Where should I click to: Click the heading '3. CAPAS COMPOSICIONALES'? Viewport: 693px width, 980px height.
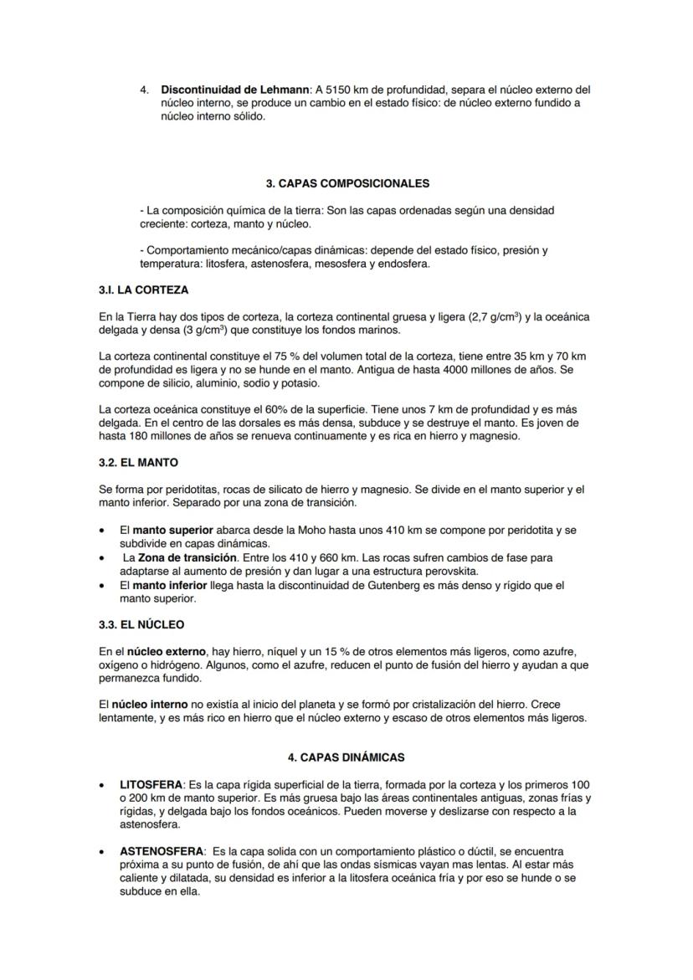pyautogui.click(x=346, y=183)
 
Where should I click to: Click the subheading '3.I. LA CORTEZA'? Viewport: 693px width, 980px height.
pyautogui.click(x=143, y=290)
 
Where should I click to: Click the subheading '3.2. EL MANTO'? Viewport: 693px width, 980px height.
pyautogui.click(x=138, y=462)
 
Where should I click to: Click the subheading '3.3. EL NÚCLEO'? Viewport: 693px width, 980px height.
pyautogui.click(x=141, y=624)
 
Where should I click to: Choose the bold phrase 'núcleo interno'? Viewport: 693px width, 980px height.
pyautogui.click(x=149, y=705)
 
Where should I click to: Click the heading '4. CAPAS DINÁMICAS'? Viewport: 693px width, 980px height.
pyautogui.click(x=346, y=757)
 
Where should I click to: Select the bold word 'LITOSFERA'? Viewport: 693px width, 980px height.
pyautogui.click(x=151, y=785)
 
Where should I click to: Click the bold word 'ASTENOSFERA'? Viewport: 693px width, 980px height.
pyautogui.click(x=161, y=851)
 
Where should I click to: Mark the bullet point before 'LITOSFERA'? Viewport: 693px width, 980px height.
pyautogui.click(x=102, y=786)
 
